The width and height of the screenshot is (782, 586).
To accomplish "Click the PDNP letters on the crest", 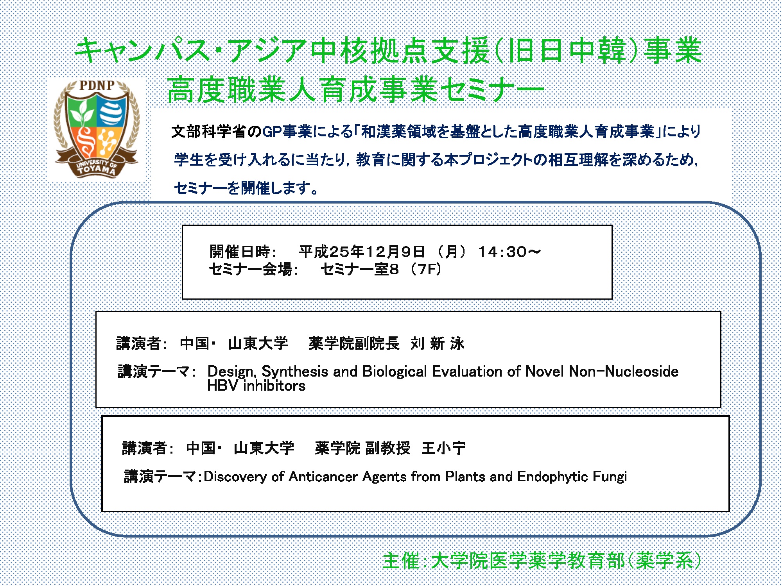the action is [x=97, y=86].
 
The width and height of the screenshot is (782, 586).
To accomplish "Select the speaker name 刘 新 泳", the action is [x=438, y=343].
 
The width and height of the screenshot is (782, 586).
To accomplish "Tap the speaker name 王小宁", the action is [x=444, y=448].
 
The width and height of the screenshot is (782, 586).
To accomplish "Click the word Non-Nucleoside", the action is [x=624, y=371].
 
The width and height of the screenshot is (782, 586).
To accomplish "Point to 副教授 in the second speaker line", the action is [x=387, y=448].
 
